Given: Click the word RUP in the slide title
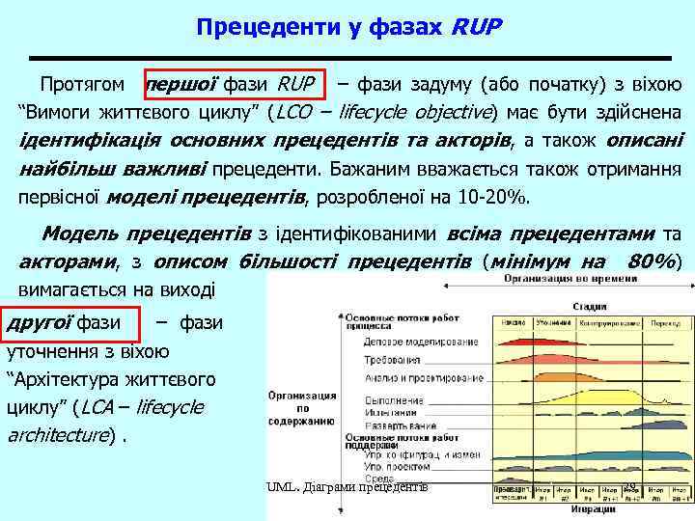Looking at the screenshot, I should pos(476,25).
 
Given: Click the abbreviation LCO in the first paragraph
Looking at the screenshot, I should pos(293,111).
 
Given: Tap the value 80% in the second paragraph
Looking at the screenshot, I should pos(650,261).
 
